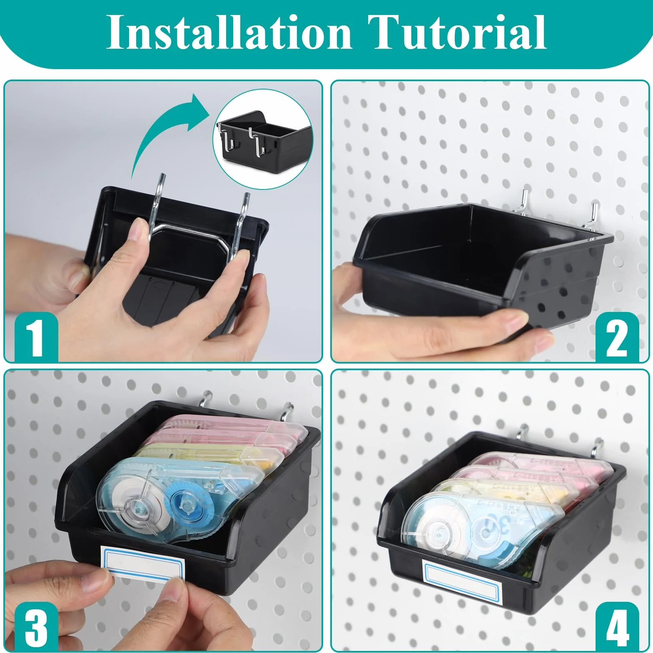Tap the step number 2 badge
(617, 337)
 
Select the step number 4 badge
(617, 627)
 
